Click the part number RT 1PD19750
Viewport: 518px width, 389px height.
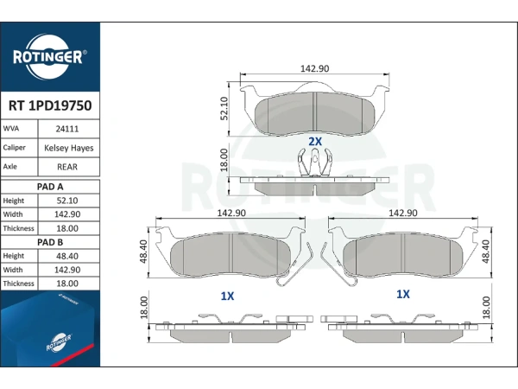coord(50,105)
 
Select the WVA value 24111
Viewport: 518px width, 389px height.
coord(67,129)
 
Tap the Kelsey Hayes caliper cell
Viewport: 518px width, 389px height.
coord(69,148)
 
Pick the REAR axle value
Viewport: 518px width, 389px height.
coord(67,167)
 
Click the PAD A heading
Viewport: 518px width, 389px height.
coord(50,187)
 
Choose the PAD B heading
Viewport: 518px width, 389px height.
coord(50,242)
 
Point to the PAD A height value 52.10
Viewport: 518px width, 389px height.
coord(67,201)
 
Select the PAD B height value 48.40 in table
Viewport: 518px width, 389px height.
coord(67,257)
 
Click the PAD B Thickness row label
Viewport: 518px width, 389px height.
coord(18,284)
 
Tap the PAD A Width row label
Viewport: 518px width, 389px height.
coord(13,214)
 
